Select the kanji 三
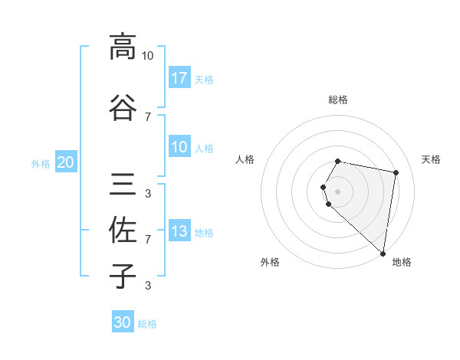[123, 184]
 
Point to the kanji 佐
[123, 230]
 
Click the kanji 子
[123, 276]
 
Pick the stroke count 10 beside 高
[147, 56]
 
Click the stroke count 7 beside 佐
[147, 240]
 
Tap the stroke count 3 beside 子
[147, 286]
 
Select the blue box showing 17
[179, 78]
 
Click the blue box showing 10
[179, 147]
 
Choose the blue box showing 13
[179, 231]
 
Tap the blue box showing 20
[66, 162]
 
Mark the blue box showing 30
[123, 322]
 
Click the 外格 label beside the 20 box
[41, 164]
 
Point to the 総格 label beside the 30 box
[147, 324]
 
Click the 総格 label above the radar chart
[338, 100]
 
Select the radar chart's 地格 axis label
[402, 262]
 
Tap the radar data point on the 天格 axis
[396, 173]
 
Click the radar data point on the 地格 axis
[383, 253]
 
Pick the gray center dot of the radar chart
[338, 191]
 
